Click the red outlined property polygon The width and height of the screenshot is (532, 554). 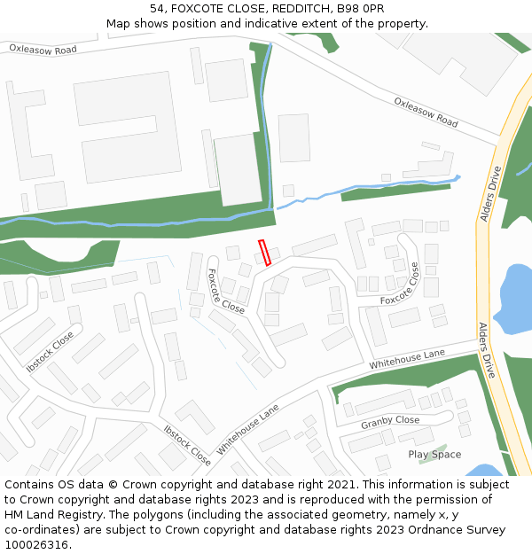point(263,253)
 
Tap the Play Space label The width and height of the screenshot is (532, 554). point(434,455)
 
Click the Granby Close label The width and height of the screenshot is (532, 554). point(390,422)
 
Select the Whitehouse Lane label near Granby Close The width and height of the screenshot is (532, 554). point(407,359)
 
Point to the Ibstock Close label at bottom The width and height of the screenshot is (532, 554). point(187,445)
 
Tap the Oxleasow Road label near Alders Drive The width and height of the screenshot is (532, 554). point(426,112)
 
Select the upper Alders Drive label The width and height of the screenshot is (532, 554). point(490,193)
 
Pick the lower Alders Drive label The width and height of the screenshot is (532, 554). point(489,351)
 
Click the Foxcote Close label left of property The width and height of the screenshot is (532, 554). point(225,291)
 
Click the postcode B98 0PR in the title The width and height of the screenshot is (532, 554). point(361,8)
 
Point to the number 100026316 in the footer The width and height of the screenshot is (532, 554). point(34,545)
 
